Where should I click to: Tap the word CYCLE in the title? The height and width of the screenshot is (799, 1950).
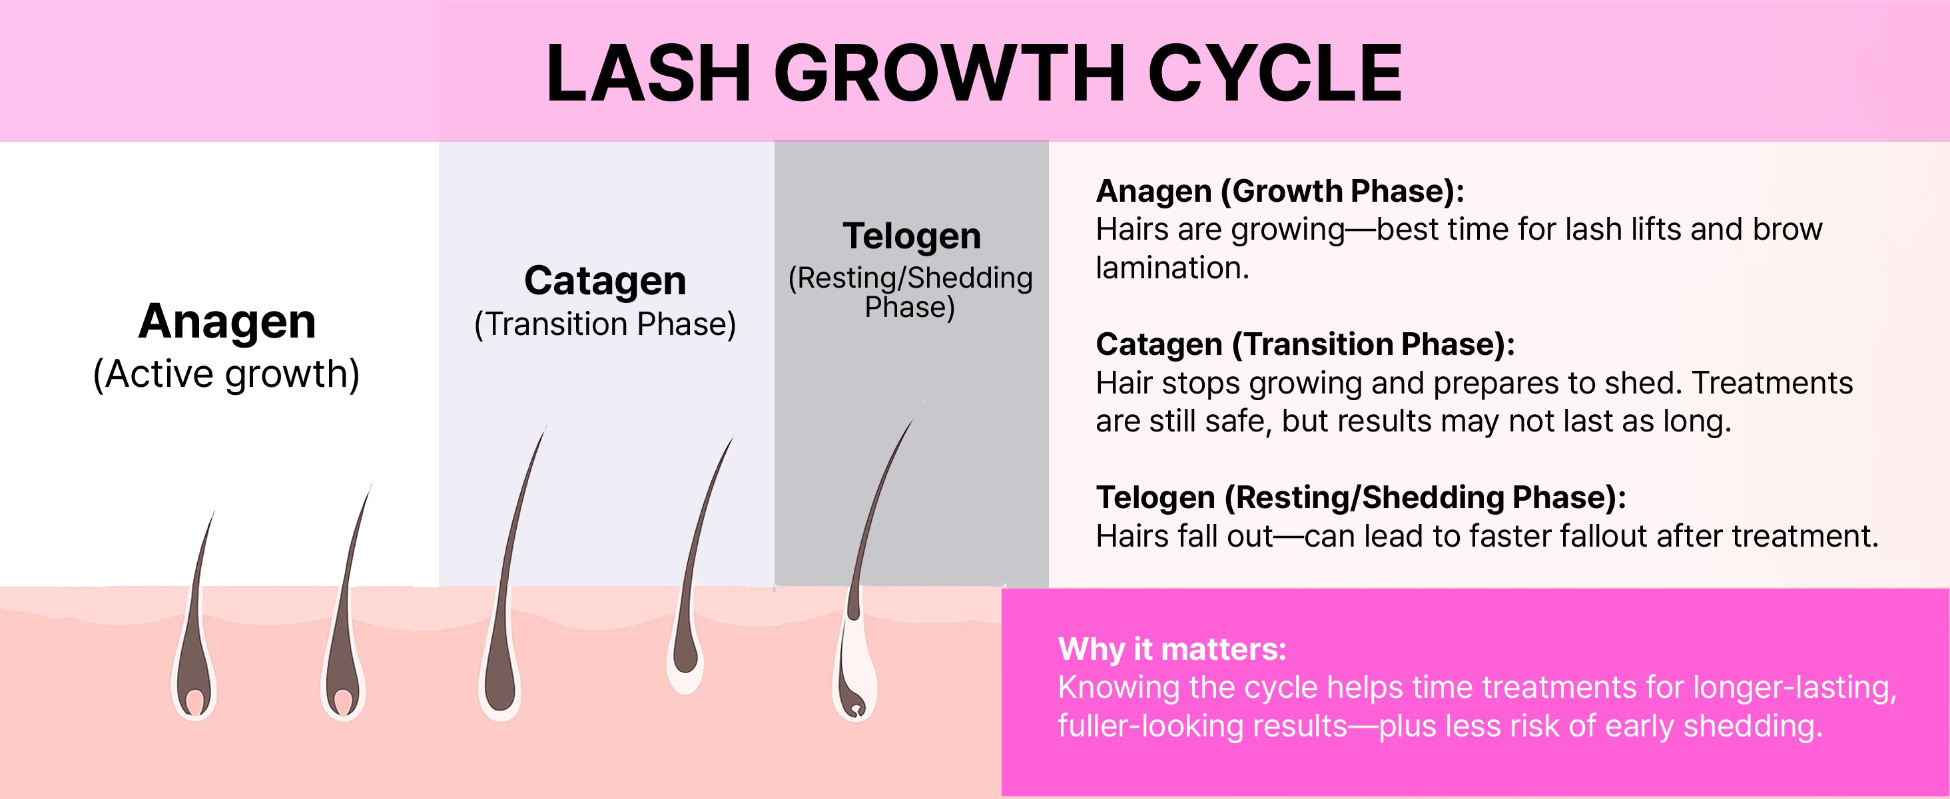point(1275,73)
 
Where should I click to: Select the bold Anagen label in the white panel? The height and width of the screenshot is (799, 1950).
point(227,322)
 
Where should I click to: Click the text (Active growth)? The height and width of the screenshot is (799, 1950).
point(226,374)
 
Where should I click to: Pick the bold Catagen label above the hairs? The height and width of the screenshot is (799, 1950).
point(605,281)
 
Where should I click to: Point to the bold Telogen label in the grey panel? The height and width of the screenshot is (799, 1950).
point(912,236)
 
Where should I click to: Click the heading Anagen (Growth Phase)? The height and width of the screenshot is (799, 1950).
point(1280,192)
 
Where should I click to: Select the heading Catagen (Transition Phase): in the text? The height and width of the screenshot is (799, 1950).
point(1305,345)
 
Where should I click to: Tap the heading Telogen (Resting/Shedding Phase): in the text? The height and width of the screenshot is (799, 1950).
point(1361,498)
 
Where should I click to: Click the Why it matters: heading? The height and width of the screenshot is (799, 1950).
point(1172,649)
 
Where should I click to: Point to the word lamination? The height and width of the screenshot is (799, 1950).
point(1172,268)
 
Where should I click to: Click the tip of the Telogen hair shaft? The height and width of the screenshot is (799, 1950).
point(924,400)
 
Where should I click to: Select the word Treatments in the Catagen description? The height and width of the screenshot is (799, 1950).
point(1772,383)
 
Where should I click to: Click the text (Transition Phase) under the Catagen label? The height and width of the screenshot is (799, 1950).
point(605,324)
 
